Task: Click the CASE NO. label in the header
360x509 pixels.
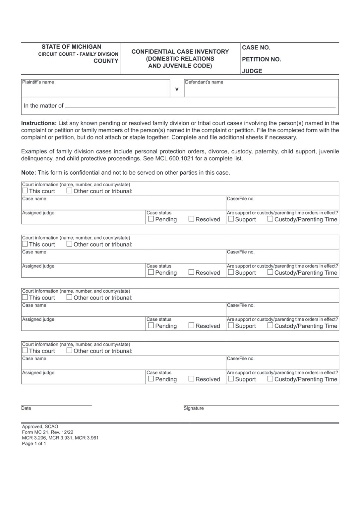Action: (x=256, y=48)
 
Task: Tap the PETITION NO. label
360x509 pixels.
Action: (x=261, y=60)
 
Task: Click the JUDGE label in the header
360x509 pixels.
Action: (x=252, y=71)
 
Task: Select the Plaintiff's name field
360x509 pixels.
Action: (x=95, y=90)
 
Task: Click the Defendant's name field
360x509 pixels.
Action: (x=261, y=90)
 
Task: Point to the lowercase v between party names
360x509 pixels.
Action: (x=177, y=89)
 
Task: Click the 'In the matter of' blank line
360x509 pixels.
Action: (x=200, y=106)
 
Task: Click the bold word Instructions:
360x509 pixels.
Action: (x=39, y=123)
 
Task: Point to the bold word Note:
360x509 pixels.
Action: (x=29, y=173)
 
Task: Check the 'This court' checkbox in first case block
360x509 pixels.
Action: (x=25, y=191)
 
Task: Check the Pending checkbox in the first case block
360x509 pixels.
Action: (x=151, y=219)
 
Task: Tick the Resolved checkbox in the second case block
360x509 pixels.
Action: (x=191, y=272)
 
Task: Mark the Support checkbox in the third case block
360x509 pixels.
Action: (x=231, y=325)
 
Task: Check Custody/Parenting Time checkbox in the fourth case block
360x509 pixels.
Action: (x=270, y=379)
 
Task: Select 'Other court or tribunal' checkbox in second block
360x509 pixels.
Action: (x=69, y=244)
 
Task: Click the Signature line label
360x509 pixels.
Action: (x=194, y=408)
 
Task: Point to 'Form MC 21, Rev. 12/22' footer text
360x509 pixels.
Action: (x=47, y=432)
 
